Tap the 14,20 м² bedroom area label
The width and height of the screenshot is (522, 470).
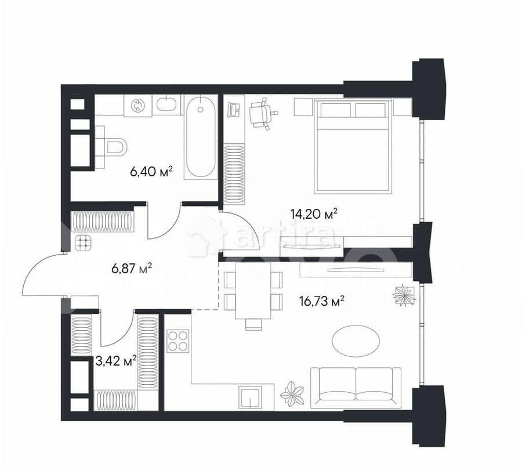[x=314, y=214]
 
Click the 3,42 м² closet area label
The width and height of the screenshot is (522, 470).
[x=115, y=360]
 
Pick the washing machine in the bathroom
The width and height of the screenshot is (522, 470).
[x=139, y=105]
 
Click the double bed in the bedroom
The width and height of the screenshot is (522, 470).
[x=354, y=146]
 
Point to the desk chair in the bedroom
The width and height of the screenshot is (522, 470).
[x=260, y=113]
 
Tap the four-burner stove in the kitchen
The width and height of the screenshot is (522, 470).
[x=178, y=341]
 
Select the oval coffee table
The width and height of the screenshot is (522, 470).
[x=356, y=341]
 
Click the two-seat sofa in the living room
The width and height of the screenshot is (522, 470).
[x=356, y=386]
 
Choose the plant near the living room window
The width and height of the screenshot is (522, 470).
[x=404, y=295]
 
